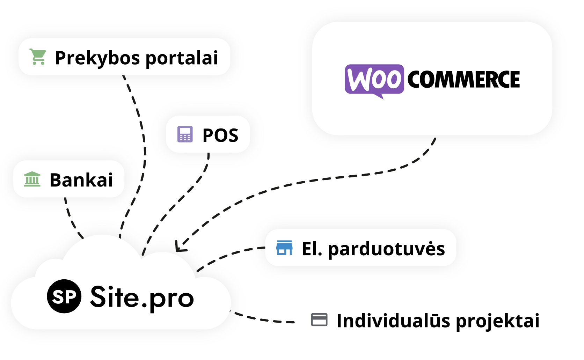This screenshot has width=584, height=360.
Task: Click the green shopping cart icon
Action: [38, 57]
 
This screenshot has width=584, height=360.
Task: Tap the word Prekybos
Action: [97, 58]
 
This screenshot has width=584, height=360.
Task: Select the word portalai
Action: [182, 58]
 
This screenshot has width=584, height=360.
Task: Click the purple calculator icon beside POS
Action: [185, 134]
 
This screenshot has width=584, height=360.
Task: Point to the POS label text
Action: [220, 135]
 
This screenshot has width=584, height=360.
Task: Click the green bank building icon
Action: [32, 179]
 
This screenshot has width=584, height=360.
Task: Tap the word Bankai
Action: [81, 180]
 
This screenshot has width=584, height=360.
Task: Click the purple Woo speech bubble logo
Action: [374, 80]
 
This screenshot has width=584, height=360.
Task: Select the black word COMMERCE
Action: [463, 80]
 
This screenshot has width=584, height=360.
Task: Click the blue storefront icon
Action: [284, 248]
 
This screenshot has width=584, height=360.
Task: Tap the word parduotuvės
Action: [386, 249]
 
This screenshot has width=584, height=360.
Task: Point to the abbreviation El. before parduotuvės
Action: [312, 249]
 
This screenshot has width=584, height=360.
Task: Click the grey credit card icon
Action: [319, 320]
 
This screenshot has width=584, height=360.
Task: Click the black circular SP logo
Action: [64, 296]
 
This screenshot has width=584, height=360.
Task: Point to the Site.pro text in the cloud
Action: [142, 297]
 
